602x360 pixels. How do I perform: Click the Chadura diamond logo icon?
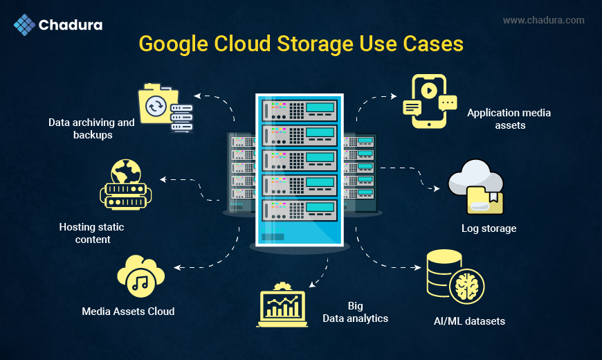(24, 25)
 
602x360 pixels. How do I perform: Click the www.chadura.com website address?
(543, 21)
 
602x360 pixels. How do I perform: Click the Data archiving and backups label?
(91, 129)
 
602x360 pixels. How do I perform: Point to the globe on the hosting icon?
(125, 170)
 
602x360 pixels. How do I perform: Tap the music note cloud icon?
(140, 278)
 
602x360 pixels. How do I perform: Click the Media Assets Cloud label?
(128, 312)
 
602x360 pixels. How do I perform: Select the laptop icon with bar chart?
(282, 305)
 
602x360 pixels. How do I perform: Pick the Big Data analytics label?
(356, 312)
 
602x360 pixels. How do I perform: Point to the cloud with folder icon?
(476, 186)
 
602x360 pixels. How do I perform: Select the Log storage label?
(489, 228)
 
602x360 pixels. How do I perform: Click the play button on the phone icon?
(429, 90)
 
